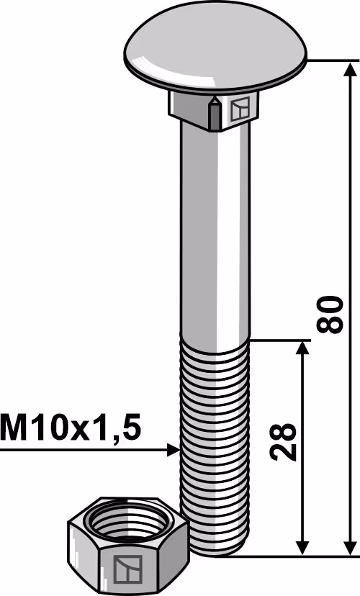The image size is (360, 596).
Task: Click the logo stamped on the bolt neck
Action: pyautogui.click(x=240, y=109)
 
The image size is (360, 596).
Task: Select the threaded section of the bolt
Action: pyautogui.click(x=215, y=448)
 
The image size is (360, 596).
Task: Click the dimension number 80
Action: pyautogui.click(x=330, y=315)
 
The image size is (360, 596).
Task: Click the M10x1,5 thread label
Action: pyautogui.click(x=71, y=428)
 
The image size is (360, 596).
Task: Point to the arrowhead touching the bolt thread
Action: pyautogui.click(x=174, y=450)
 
